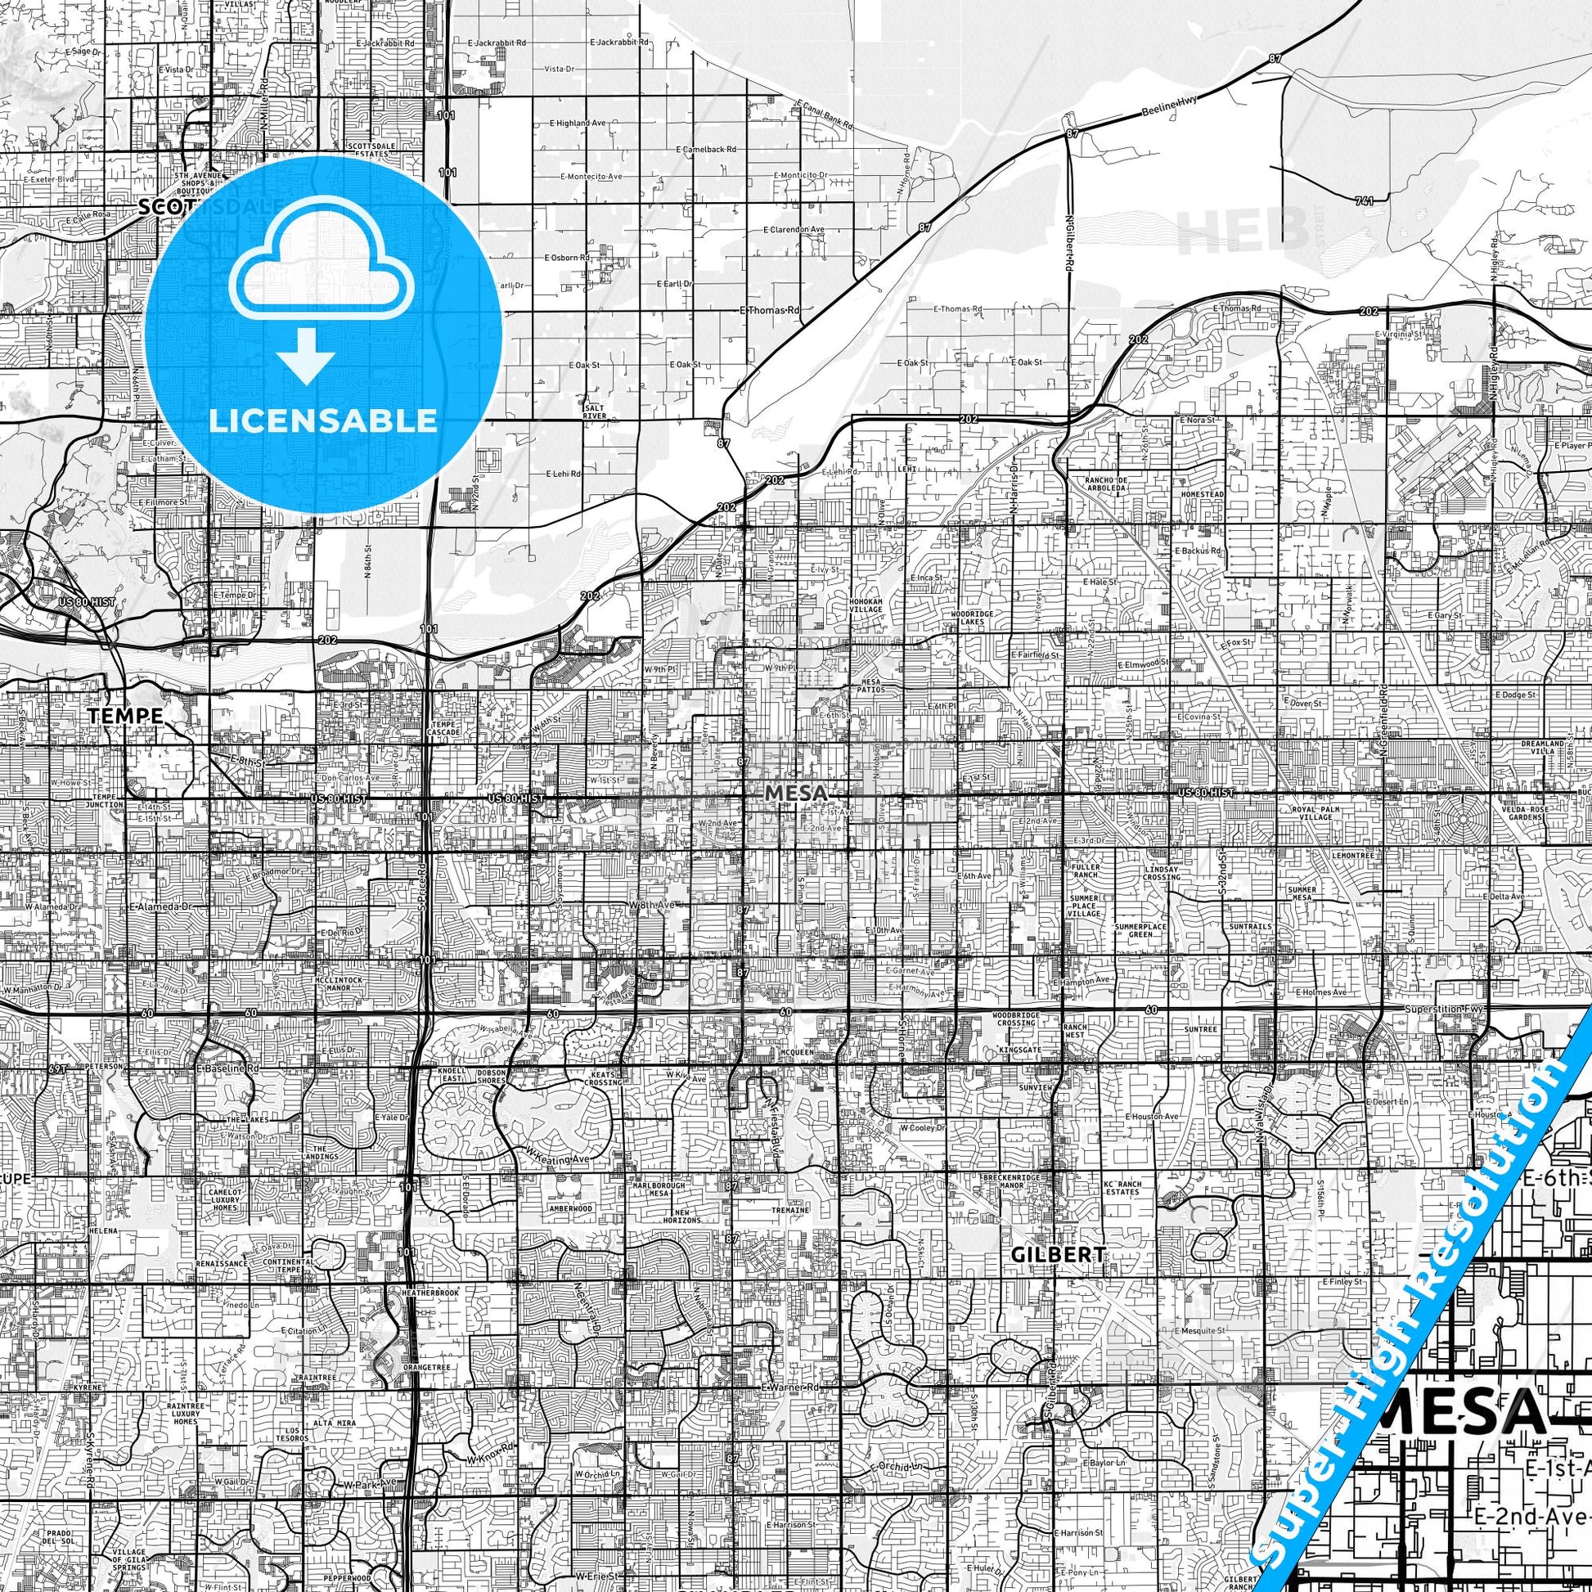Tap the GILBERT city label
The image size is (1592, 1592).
tap(1057, 1254)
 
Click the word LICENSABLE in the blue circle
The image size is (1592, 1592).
tap(323, 420)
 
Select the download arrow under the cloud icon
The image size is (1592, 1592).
tap(306, 354)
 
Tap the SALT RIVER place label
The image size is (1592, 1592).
tap(594, 412)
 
